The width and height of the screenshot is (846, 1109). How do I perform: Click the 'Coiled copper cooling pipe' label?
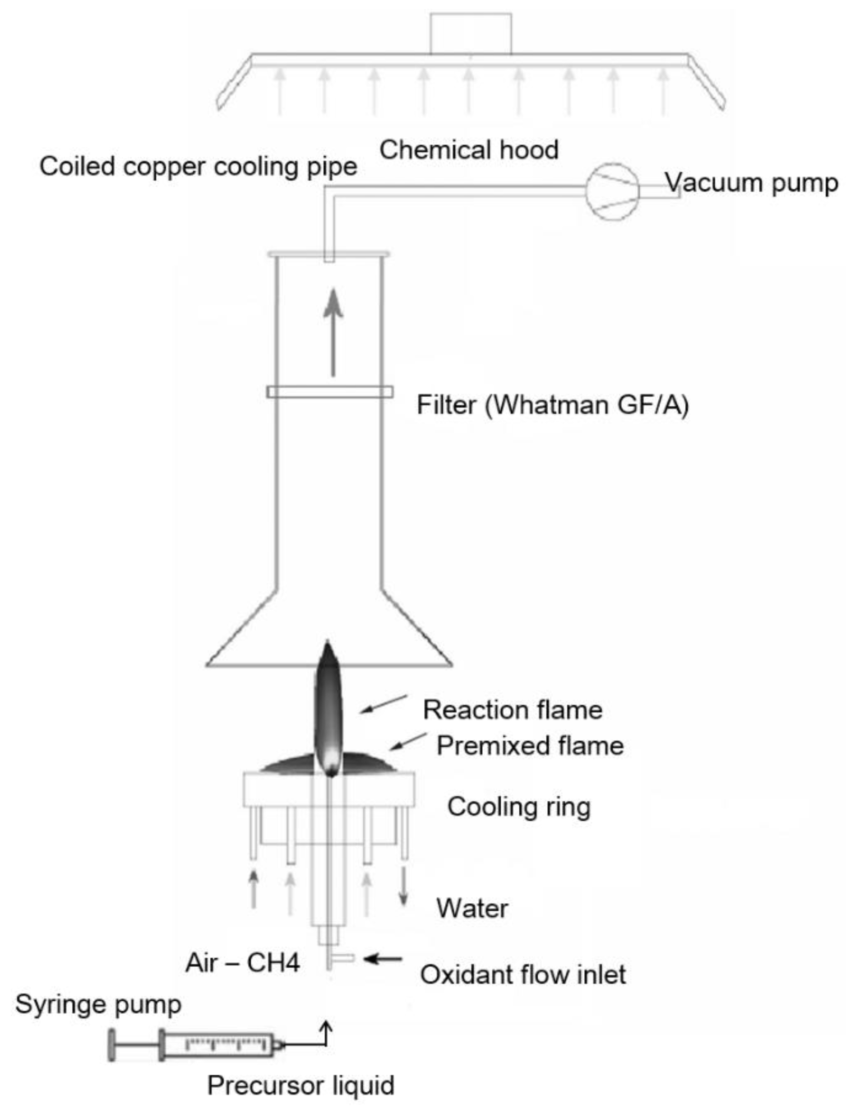(199, 166)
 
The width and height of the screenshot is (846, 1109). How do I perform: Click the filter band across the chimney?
(330, 392)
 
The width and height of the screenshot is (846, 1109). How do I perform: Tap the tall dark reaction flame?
(328, 705)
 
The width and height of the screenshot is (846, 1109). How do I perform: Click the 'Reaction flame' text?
(512, 710)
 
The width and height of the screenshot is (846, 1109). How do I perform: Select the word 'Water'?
(472, 909)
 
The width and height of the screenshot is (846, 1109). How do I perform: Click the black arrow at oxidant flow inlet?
(383, 960)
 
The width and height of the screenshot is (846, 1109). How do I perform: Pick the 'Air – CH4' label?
(242, 963)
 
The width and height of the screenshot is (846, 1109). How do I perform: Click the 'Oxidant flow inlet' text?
(522, 974)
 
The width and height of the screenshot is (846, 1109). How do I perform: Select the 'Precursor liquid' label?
(300, 1086)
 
